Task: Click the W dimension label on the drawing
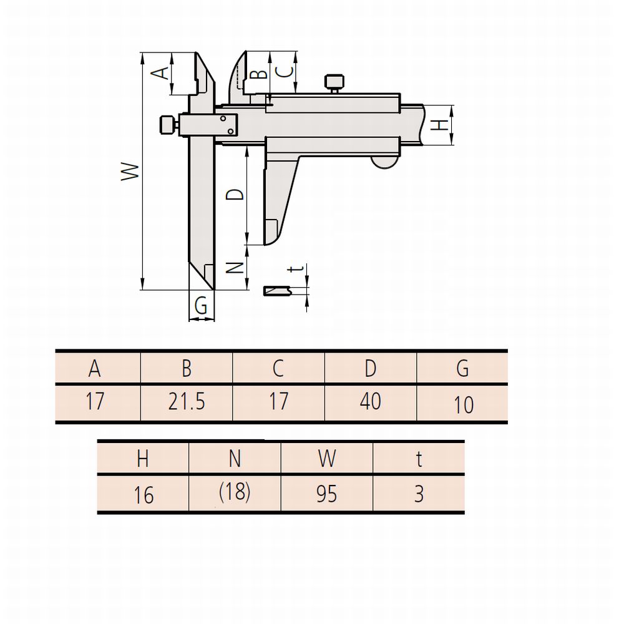pyautogui.click(x=130, y=172)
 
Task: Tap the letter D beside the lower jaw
pyautogui.click(x=235, y=195)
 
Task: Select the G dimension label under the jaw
pyautogui.click(x=201, y=306)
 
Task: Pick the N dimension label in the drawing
pyautogui.click(x=235, y=268)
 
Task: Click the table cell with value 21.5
pyautogui.click(x=187, y=401)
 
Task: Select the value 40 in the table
pyautogui.click(x=371, y=401)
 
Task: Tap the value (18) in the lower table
pyautogui.click(x=235, y=492)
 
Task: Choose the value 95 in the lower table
pyautogui.click(x=327, y=494)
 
